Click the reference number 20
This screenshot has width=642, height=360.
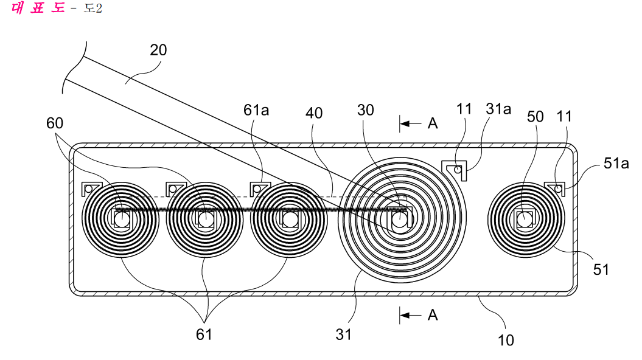(158, 50)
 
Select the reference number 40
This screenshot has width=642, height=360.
(314, 113)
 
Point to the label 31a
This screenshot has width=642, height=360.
(498, 109)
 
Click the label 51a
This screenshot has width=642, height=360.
(616, 163)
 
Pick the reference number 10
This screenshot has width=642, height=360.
(506, 340)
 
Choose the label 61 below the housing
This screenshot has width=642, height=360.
(204, 334)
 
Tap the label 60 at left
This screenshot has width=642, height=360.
(54, 123)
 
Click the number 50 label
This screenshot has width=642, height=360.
(535, 117)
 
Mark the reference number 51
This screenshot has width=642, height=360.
(601, 269)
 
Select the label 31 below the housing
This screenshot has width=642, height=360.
(344, 334)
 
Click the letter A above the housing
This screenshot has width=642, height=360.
(433, 123)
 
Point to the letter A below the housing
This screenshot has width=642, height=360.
(433, 315)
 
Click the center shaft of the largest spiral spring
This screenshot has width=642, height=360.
(400, 220)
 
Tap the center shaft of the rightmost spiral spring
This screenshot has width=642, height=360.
(525, 220)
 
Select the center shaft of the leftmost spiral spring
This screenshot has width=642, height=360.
(120, 220)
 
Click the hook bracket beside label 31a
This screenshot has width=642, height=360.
(455, 169)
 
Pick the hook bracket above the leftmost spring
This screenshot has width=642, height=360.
(91, 188)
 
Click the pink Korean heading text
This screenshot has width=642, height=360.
(38, 8)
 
